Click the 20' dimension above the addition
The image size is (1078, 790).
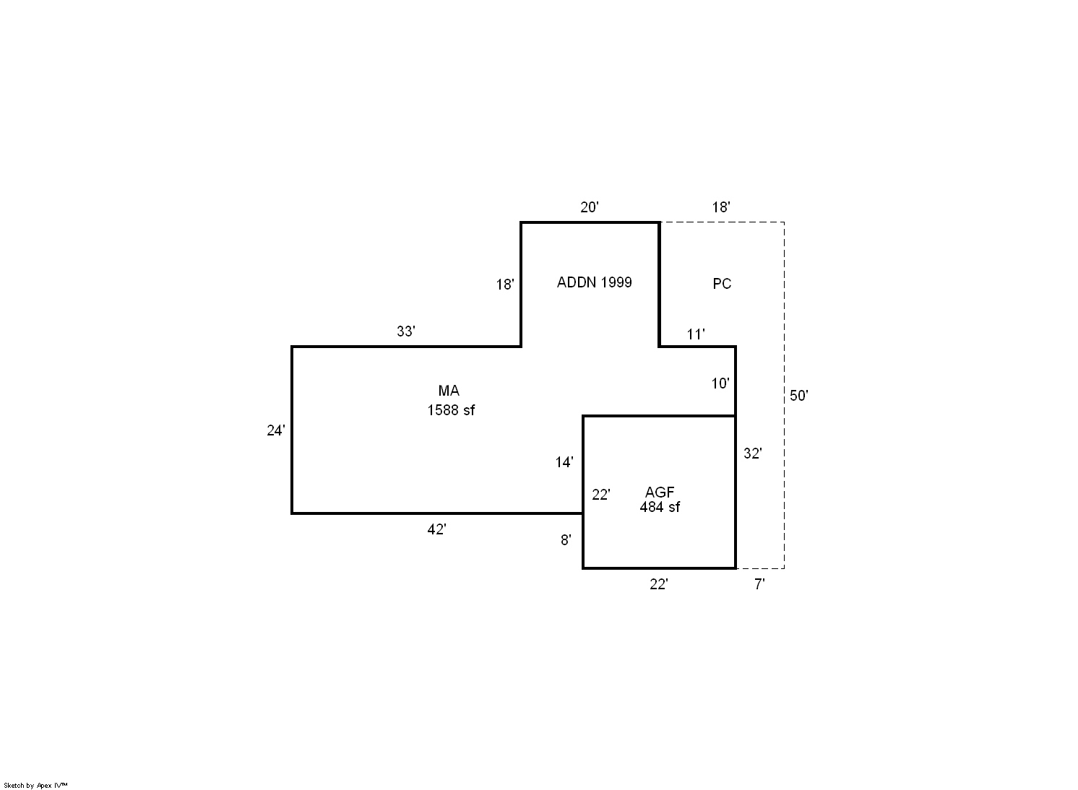(589, 207)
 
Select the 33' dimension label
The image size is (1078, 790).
(405, 331)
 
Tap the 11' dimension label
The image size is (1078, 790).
(695, 334)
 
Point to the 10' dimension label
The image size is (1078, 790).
(720, 383)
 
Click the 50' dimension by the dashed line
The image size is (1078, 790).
(799, 396)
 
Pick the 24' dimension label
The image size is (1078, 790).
(276, 430)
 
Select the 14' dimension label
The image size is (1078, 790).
(564, 462)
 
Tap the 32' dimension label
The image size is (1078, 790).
(753, 453)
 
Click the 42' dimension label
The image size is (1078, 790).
(436, 529)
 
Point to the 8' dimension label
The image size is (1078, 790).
(566, 540)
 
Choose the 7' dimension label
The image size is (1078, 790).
(759, 584)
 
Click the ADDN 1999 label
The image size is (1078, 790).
(595, 282)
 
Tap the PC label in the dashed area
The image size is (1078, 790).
(722, 284)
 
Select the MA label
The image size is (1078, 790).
(449, 390)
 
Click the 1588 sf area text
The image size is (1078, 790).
(451, 410)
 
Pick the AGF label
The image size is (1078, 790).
(660, 492)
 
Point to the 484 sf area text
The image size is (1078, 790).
(660, 507)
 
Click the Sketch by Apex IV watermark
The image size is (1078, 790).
(35, 786)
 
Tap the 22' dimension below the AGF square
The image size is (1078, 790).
(659, 584)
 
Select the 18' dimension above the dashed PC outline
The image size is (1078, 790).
(721, 207)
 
